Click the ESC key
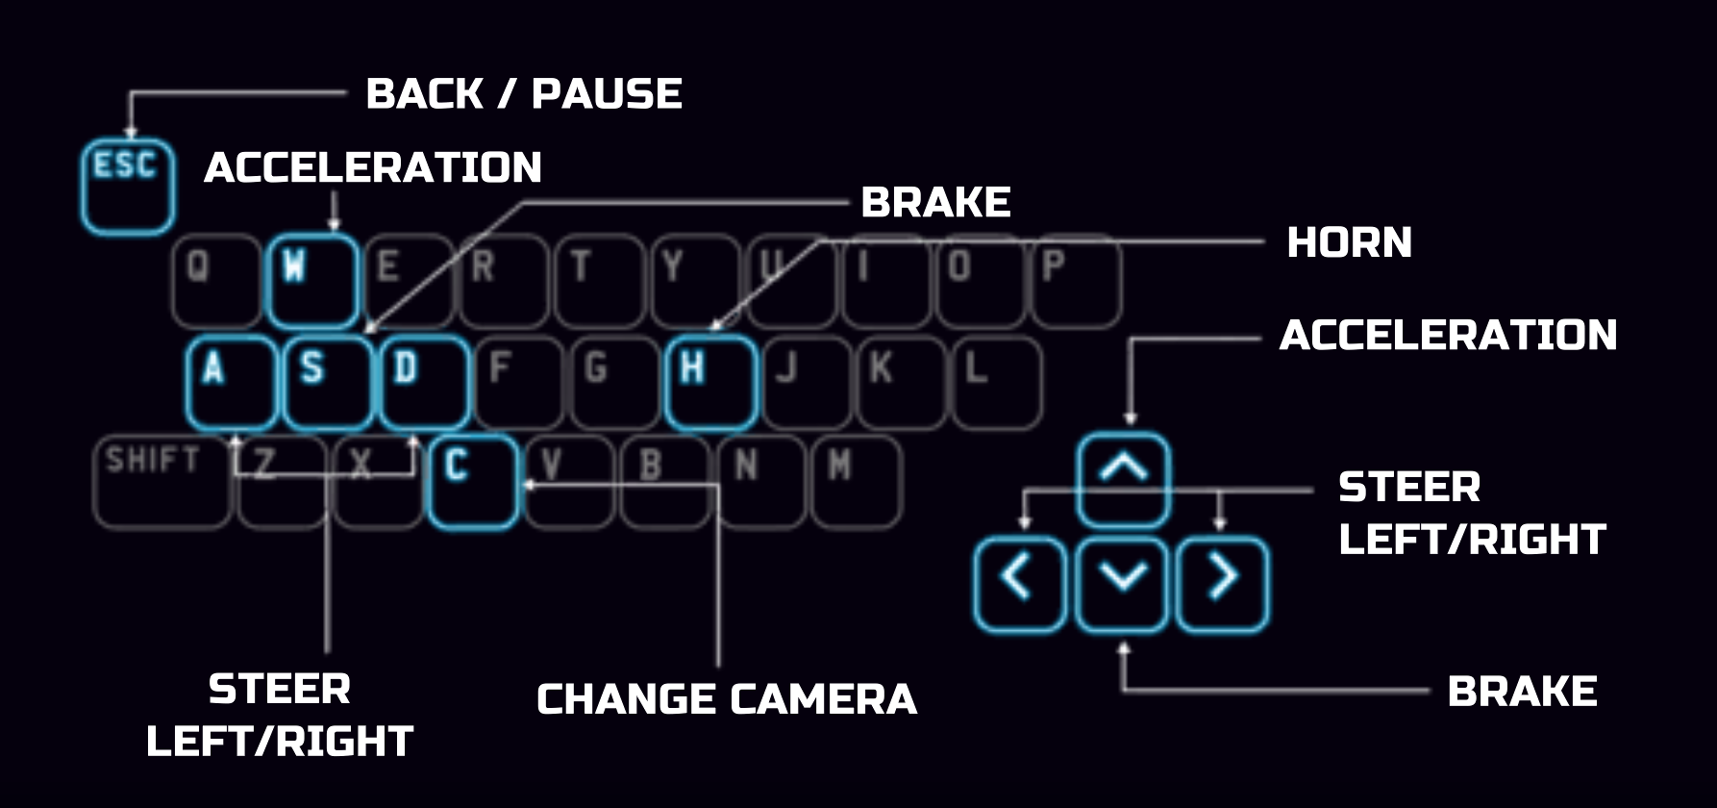(x=127, y=187)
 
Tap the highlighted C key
(x=472, y=482)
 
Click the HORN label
(x=1349, y=242)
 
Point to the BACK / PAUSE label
(x=524, y=94)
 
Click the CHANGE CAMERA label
(x=727, y=699)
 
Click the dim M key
(x=856, y=482)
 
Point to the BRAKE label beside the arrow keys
(x=1522, y=692)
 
